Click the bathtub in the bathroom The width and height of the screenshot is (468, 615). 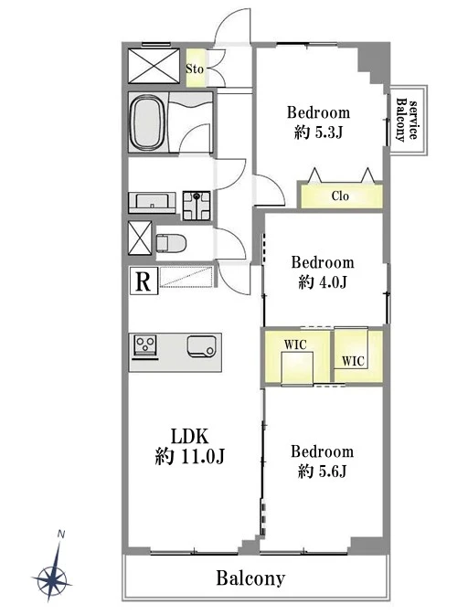(x=148, y=122)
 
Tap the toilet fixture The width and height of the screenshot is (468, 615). (x=171, y=244)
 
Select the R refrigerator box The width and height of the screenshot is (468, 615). (x=144, y=281)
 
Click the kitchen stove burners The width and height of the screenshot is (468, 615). (x=145, y=345)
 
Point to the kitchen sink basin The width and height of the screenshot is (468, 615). (x=202, y=346)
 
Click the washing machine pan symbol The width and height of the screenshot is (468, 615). (x=197, y=205)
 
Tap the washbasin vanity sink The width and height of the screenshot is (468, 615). (x=153, y=202)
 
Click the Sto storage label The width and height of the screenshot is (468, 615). (x=195, y=69)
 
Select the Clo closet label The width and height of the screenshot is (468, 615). (x=340, y=196)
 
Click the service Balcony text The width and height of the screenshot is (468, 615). (x=407, y=120)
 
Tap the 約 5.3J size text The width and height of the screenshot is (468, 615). (x=318, y=133)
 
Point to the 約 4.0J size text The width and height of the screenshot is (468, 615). (x=323, y=282)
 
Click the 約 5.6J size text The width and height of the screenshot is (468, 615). (x=322, y=471)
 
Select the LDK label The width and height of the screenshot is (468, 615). (x=189, y=436)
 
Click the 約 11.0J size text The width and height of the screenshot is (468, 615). (x=189, y=457)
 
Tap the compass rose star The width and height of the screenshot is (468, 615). (x=52, y=578)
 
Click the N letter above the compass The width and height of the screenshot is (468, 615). (x=61, y=534)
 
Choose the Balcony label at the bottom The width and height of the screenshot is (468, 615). (x=250, y=578)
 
